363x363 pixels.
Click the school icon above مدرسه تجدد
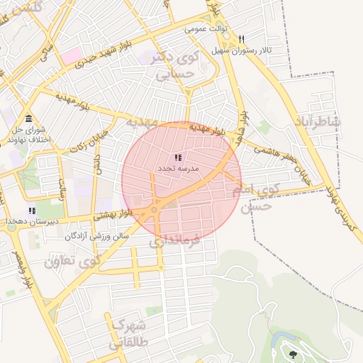[x=177, y=158]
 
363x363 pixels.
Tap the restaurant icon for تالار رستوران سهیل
[x=242, y=40]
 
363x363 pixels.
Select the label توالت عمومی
[x=204, y=29]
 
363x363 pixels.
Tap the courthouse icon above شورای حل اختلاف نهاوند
[x=28, y=118]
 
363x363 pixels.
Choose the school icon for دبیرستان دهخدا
[x=31, y=211]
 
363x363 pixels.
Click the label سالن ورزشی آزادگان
[x=97, y=235]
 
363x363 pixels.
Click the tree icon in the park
[x=293, y=353]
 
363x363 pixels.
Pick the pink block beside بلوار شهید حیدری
[x=71, y=55]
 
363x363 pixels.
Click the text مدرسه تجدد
[x=177, y=169]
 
